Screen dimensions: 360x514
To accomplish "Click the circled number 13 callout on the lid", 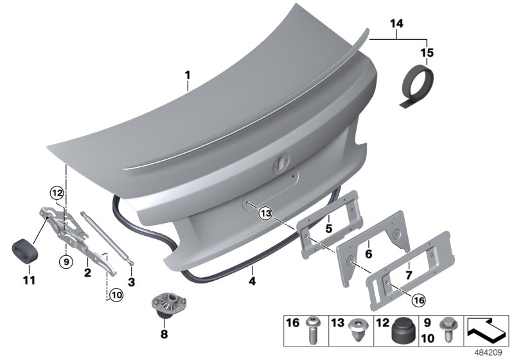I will tap(266, 213).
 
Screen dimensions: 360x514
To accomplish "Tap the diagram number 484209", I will tap(493, 352).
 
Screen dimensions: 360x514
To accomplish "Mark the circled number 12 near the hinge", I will tap(57, 192).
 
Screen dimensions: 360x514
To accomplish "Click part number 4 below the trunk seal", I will tap(253, 281).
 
